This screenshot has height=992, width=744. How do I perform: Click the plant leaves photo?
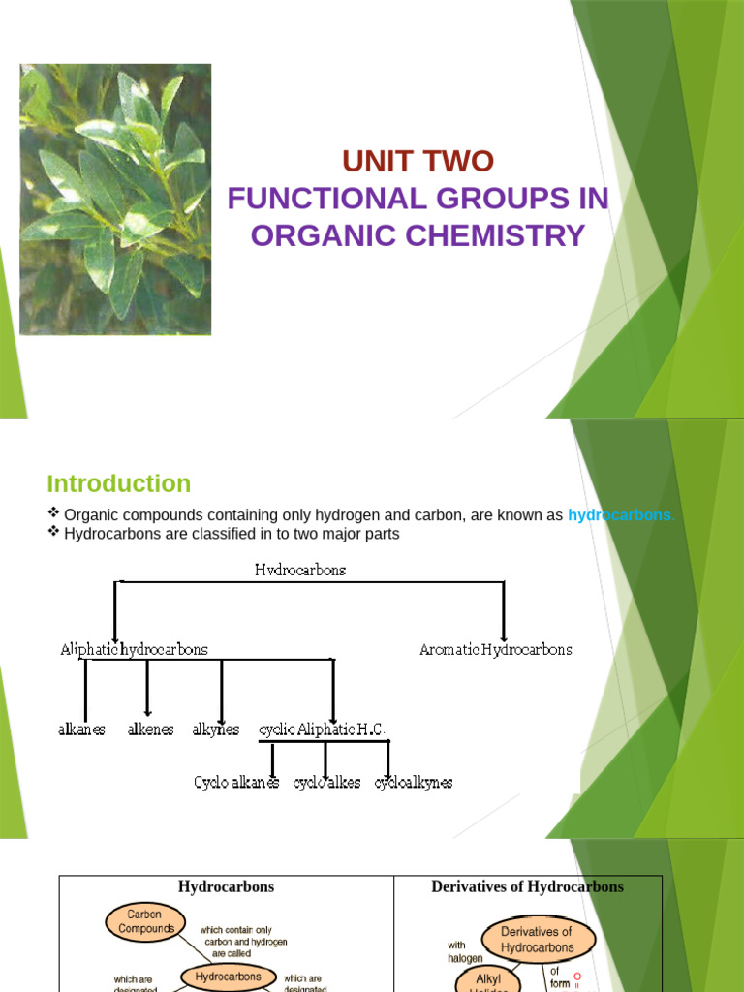pyautogui.click(x=115, y=200)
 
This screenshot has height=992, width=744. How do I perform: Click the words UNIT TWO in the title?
pyautogui.click(x=418, y=161)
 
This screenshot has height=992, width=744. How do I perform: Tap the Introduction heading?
pyautogui.click(x=119, y=483)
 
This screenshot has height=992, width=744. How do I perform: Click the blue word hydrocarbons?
pyautogui.click(x=619, y=515)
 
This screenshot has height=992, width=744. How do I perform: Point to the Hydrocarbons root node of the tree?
pyautogui.click(x=300, y=571)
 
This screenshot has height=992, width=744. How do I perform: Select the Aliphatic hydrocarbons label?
pyautogui.click(x=134, y=649)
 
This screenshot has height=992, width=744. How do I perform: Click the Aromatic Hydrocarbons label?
pyautogui.click(x=495, y=649)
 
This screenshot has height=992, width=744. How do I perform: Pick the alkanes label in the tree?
pyautogui.click(x=82, y=729)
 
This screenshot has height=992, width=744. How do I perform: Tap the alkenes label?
pyautogui.click(x=150, y=729)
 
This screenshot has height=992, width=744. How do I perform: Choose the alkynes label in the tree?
pyautogui.click(x=215, y=729)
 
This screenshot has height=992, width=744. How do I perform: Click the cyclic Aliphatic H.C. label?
pyautogui.click(x=322, y=729)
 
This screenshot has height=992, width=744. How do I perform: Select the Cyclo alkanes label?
pyautogui.click(x=237, y=782)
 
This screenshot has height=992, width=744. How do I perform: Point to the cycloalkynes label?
pyautogui.click(x=414, y=782)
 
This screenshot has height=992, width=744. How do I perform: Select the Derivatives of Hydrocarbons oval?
pyautogui.click(x=537, y=939)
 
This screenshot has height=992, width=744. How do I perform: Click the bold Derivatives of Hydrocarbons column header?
pyautogui.click(x=527, y=886)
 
